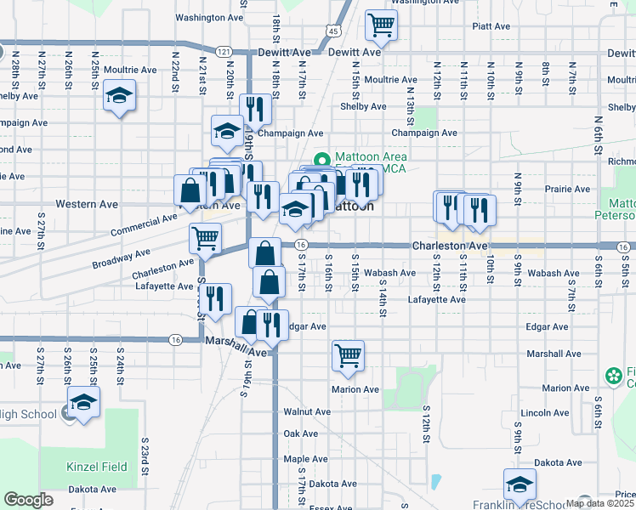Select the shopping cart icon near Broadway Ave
206,239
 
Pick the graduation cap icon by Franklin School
520,484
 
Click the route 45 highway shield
332,31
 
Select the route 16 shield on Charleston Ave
301,246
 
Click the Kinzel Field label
97,467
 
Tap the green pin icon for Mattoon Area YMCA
322,159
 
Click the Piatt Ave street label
492,26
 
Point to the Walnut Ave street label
307,411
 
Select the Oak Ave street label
301,433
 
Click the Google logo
28,500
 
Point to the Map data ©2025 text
599,503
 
